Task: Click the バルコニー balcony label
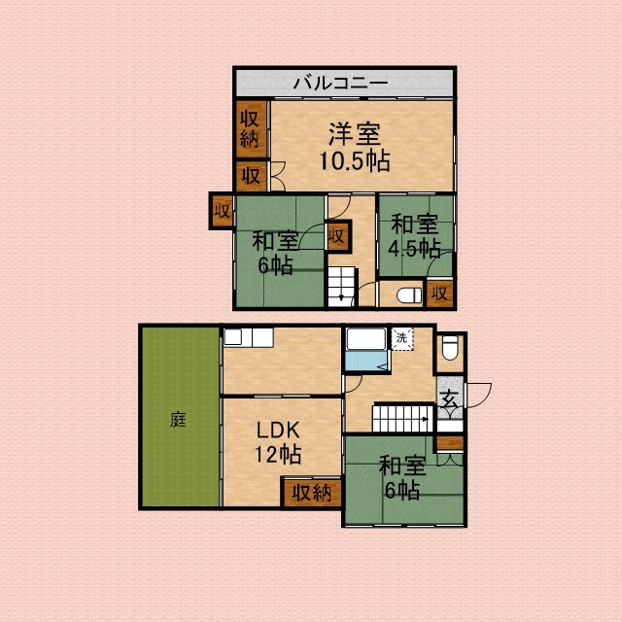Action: [340, 84]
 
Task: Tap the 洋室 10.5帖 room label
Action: [355, 147]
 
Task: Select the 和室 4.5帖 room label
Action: [415, 236]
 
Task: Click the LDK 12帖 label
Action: [278, 442]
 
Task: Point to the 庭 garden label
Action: [178, 419]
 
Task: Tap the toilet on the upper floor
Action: [409, 295]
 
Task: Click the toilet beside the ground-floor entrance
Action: [450, 348]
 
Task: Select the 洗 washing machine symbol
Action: [402, 339]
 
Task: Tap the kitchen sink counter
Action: [249, 337]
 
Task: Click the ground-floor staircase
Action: [402, 419]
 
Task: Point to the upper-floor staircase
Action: [341, 287]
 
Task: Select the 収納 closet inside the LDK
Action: [312, 493]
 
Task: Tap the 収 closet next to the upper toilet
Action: [439, 294]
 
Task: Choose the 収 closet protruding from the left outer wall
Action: [223, 211]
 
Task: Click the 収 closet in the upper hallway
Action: [337, 236]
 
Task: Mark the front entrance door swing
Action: [479, 396]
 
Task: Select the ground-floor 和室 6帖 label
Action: [402, 478]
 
